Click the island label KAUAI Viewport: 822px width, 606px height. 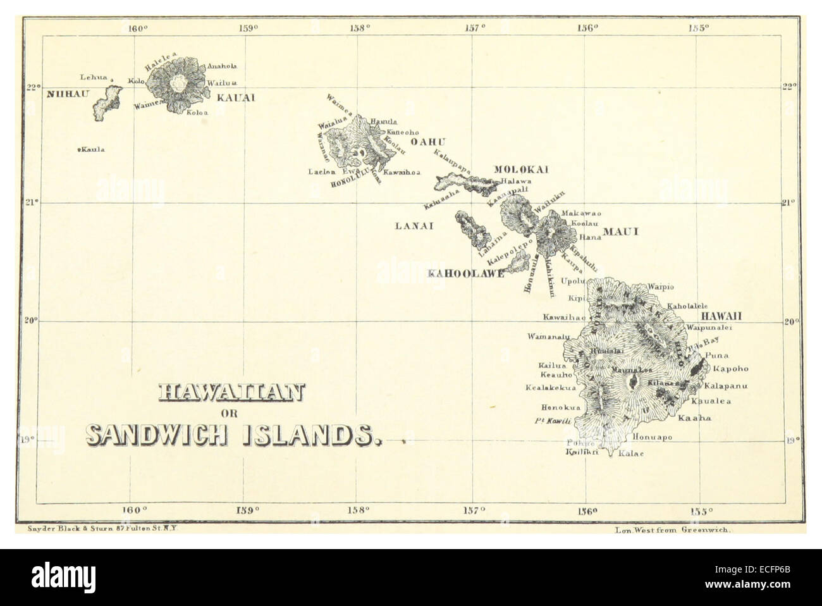coord(235,98)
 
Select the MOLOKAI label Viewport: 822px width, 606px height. coord(520,169)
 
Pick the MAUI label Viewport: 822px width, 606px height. coord(620,232)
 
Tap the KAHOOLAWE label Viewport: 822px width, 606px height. coord(466,274)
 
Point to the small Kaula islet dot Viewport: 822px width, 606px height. coord(78,150)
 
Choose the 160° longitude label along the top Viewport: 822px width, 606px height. coord(137,28)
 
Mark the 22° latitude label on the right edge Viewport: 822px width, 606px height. coord(790,87)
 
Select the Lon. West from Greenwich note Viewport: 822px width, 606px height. coord(672,532)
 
